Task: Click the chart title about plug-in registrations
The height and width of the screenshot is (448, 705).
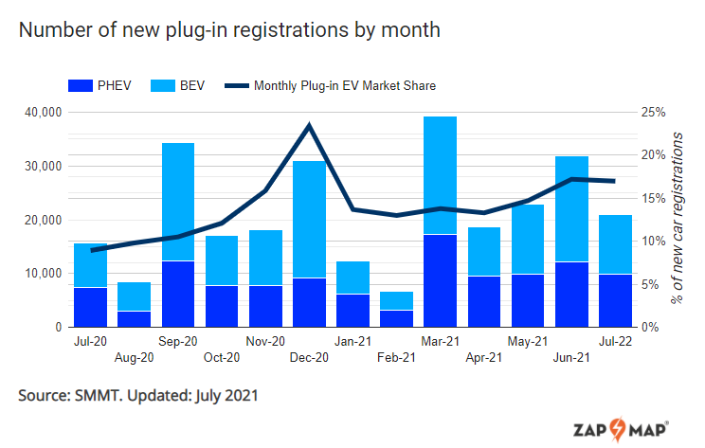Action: tap(229, 30)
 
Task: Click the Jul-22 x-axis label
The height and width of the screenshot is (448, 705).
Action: tap(615, 341)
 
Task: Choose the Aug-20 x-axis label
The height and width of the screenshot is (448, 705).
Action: tap(135, 358)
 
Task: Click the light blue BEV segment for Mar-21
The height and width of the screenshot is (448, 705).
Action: tap(441, 175)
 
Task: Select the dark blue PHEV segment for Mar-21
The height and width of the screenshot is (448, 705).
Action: tap(441, 280)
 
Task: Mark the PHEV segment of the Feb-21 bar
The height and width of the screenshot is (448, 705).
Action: tap(396, 318)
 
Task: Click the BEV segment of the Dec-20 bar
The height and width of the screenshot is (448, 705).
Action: tap(309, 219)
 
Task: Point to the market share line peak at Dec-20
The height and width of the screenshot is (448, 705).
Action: tap(309, 125)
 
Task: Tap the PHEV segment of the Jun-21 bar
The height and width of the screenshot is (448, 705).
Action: tap(571, 294)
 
